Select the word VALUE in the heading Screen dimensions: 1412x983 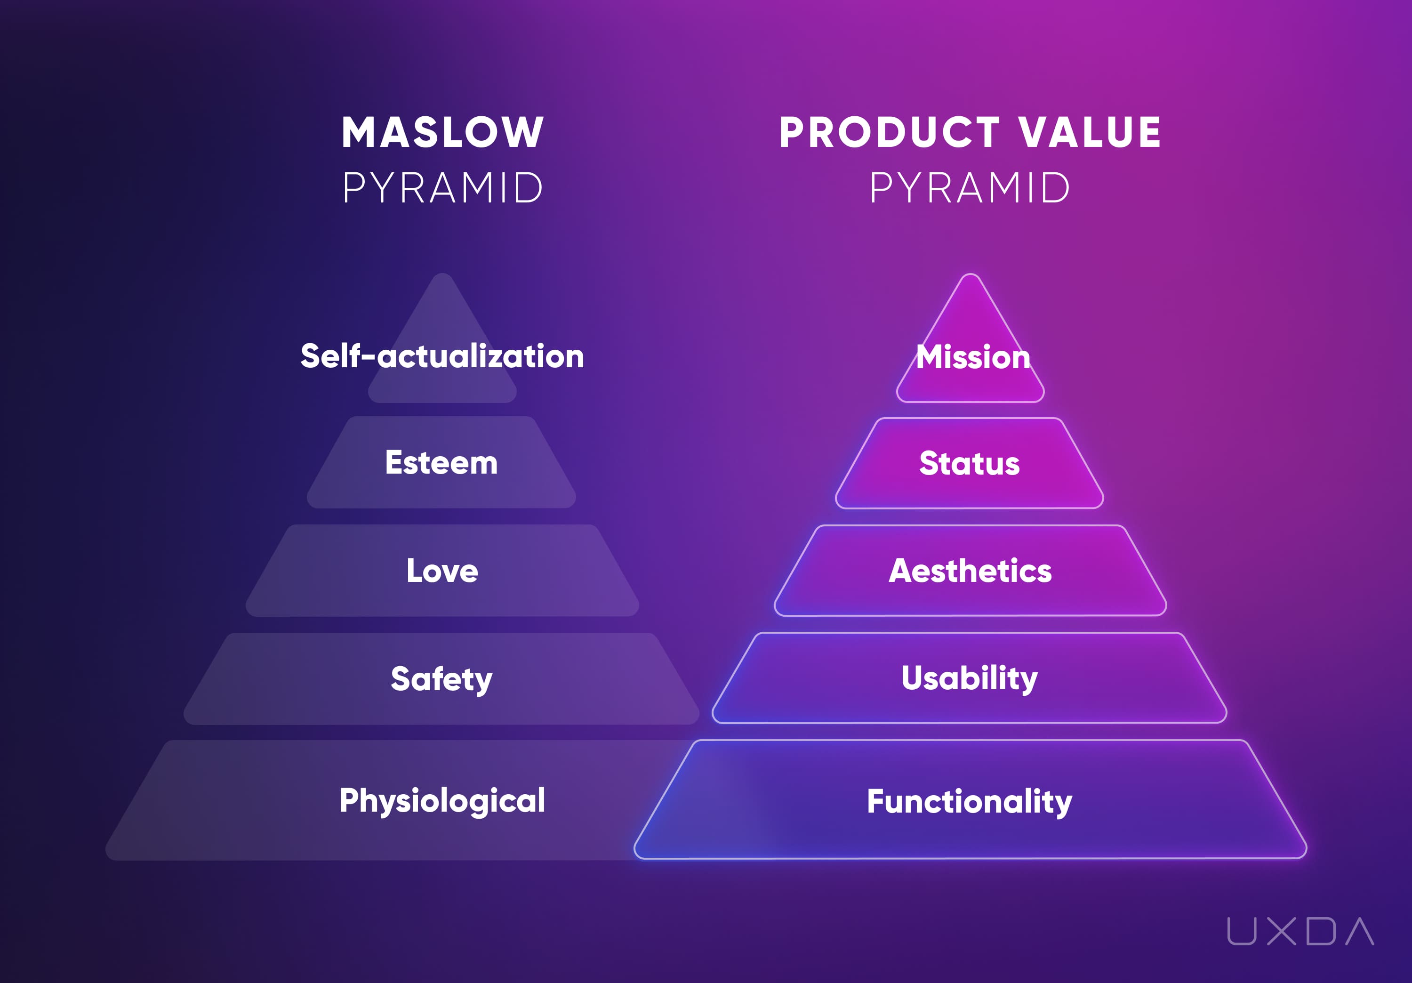1090,132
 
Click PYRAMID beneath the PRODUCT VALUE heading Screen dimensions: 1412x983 970,188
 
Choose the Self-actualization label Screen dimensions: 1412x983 442,356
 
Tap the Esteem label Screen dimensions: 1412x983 441,463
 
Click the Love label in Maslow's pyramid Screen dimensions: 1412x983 442,571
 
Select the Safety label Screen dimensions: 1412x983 441,680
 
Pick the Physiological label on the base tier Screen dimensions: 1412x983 442,801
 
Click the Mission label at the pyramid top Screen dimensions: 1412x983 973,357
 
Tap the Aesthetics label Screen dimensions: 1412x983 971,571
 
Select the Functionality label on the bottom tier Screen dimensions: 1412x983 970,802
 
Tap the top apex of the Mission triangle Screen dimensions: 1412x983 971,274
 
